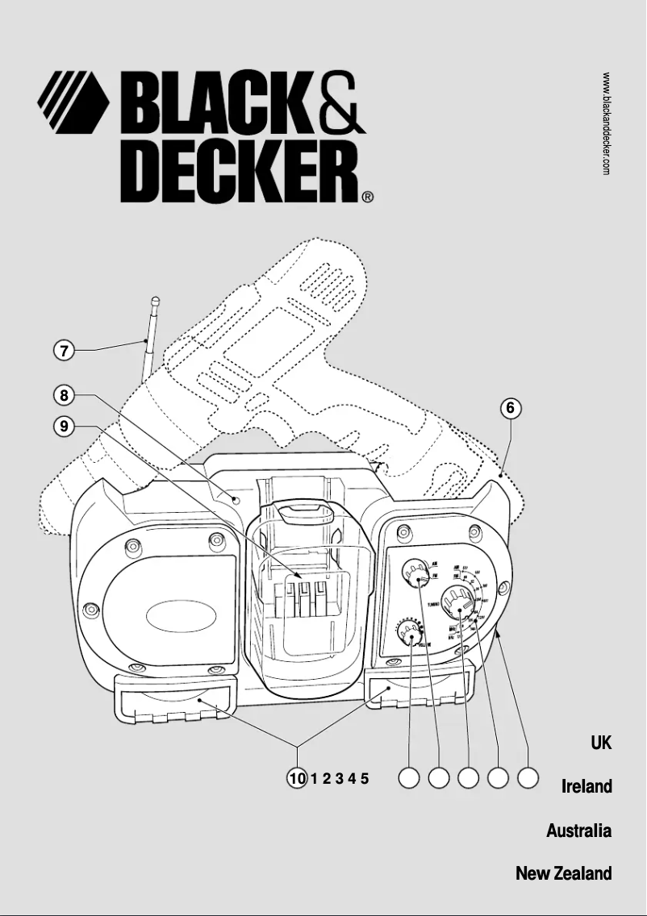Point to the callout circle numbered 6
(509, 408)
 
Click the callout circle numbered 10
(298, 778)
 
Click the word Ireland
(586, 786)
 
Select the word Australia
(578, 830)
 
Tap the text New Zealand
(563, 873)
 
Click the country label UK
(600, 743)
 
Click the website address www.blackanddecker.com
(606, 123)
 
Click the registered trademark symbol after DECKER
(367, 196)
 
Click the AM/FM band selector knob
(418, 575)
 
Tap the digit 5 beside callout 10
(365, 778)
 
